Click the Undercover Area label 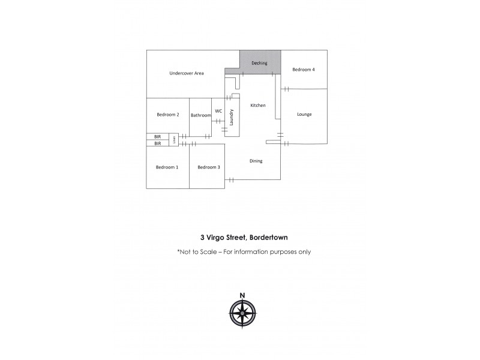click(187, 73)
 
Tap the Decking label click(259, 63)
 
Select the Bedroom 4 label click(304, 70)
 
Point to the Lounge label click(304, 114)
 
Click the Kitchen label click(258, 105)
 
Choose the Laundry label click(232, 115)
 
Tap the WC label click(218, 110)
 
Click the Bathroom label click(201, 115)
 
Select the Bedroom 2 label click(168, 115)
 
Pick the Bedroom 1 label click(167, 167)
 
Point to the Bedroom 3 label click(209, 167)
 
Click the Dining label click(256, 161)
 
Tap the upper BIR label click(158, 137)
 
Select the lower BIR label click(158, 143)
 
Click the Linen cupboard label click(175, 140)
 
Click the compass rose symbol click(242, 313)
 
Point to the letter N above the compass click(242, 294)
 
